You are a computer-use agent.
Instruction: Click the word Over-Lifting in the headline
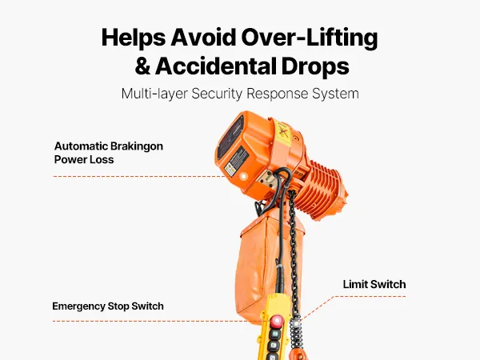[x=309, y=38]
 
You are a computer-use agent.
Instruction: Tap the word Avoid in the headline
[x=203, y=38]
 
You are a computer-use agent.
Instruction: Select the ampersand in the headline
[x=142, y=66]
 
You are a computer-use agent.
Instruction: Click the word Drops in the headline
[x=315, y=66]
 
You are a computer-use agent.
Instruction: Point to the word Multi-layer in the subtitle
[x=154, y=94]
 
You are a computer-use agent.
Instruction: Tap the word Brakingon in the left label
[x=136, y=146]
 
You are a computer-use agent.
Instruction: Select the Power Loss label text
[x=84, y=159]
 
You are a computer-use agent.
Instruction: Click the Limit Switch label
[x=374, y=284]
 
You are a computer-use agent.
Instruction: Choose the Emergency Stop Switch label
[x=108, y=306]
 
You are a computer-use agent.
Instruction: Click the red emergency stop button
[x=277, y=321]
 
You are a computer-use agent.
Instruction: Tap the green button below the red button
[x=275, y=334]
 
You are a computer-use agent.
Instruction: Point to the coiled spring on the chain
[x=297, y=333]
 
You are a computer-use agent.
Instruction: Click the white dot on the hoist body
[x=244, y=176]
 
